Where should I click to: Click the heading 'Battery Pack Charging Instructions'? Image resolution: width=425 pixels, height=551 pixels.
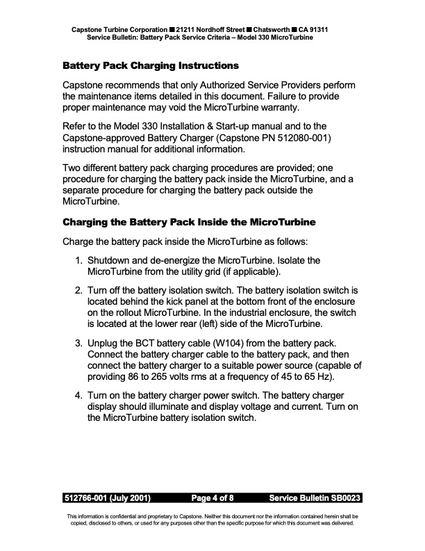[151, 66]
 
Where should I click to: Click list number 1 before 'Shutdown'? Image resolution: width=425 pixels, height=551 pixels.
[79, 259]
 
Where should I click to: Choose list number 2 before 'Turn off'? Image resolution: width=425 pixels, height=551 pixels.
[79, 289]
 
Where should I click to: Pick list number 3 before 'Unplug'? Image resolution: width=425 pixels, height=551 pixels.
[79, 343]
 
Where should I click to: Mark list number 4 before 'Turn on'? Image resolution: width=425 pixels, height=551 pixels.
[79, 397]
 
